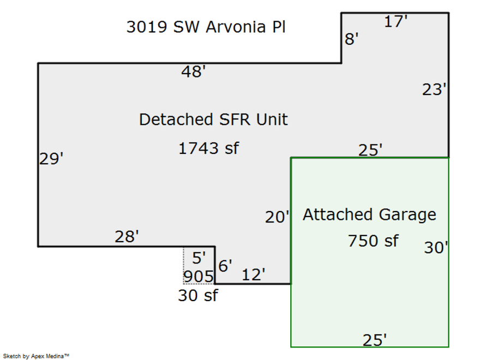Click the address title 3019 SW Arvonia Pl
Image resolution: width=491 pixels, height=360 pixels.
(206, 27)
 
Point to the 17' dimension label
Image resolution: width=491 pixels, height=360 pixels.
(397, 22)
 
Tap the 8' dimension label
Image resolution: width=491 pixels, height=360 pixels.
(352, 39)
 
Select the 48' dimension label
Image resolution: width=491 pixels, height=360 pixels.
(193, 71)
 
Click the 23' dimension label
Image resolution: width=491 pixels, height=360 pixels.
(435, 89)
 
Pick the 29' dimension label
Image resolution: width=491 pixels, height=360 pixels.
(51, 159)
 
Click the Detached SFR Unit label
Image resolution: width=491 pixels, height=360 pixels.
(213, 119)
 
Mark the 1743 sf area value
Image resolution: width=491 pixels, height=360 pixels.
(208, 148)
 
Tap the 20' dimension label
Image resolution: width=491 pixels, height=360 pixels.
(277, 217)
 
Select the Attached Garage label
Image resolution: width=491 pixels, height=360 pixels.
(369, 214)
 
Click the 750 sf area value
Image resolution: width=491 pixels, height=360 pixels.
(373, 240)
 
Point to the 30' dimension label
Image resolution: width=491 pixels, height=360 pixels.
(436, 248)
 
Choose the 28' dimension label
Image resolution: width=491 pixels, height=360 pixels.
(127, 237)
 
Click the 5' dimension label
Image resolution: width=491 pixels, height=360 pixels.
(199, 259)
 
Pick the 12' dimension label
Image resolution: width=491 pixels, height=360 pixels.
(253, 275)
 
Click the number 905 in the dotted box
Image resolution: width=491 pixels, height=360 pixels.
(198, 277)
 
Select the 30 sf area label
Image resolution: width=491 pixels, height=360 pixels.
(197, 296)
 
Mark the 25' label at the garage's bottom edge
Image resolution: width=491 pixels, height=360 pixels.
(375, 340)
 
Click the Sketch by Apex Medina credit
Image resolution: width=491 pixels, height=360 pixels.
(37, 356)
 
